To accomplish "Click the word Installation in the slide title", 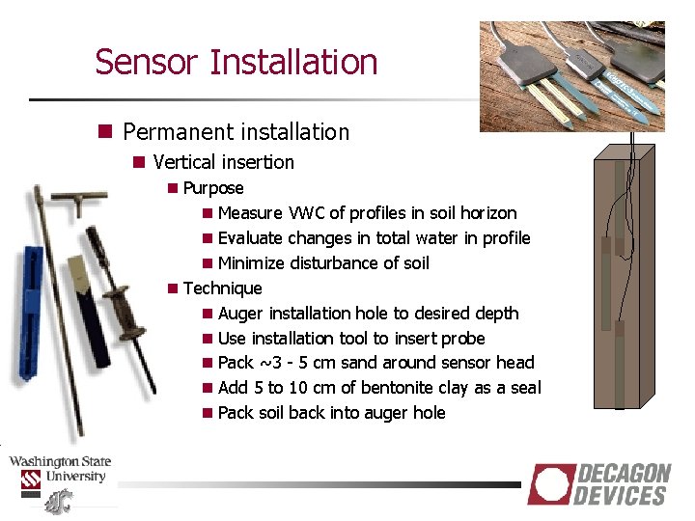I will point(293,62).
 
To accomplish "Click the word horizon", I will point(488,213).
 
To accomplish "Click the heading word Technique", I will point(222,288).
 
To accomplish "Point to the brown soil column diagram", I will point(620,275).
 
